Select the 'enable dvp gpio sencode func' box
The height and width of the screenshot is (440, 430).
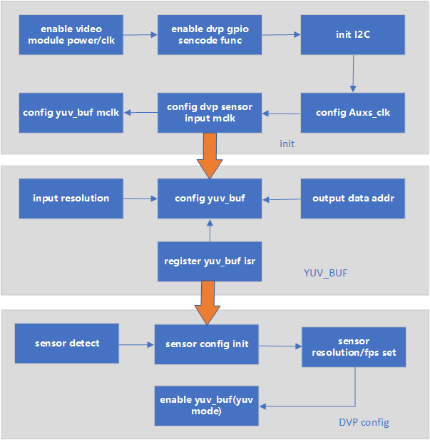click(210, 34)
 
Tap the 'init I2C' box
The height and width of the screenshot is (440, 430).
click(353, 34)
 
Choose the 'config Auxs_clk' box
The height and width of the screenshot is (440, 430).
click(353, 112)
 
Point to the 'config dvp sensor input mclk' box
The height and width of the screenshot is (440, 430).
click(210, 112)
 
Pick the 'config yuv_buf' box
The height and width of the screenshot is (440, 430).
click(210, 198)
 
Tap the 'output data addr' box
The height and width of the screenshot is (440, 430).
click(353, 198)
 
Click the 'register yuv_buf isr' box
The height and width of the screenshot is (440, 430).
click(210, 261)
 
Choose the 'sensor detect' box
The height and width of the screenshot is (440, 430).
click(67, 344)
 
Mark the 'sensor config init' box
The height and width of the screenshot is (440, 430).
click(207, 344)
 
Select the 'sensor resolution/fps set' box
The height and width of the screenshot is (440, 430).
click(354, 348)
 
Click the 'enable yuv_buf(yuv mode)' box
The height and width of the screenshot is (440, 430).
click(207, 406)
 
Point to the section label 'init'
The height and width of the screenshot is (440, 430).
click(287, 144)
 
